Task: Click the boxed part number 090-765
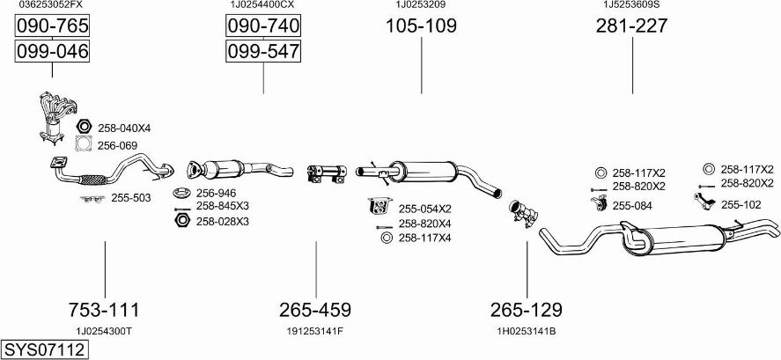[x=52, y=26]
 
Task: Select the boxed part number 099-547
[x=263, y=51]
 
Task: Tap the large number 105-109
[x=422, y=26]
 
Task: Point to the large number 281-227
[x=632, y=26]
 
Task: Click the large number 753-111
[x=105, y=310]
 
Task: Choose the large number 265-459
[x=315, y=310]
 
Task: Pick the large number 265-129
[x=527, y=310]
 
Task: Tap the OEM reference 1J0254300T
[x=105, y=331]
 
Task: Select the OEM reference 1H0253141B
[x=527, y=331]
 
